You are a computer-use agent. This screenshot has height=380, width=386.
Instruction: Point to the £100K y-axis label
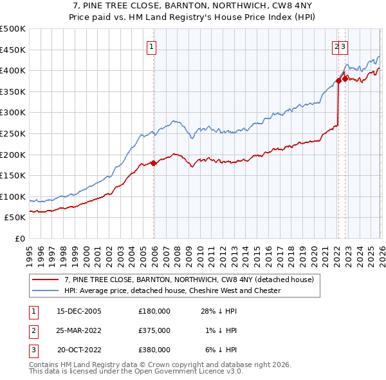(13, 196)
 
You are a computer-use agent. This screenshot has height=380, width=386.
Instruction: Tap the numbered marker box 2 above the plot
(336, 46)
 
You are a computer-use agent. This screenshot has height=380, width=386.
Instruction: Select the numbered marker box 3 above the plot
(344, 46)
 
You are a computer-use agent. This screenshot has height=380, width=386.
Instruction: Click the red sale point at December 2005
(153, 163)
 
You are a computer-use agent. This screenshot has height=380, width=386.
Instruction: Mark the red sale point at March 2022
(338, 81)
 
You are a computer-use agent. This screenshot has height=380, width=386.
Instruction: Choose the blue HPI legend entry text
(172, 290)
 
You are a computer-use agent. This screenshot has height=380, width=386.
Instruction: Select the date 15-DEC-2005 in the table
(79, 311)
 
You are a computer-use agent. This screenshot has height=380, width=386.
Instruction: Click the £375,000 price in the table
(154, 330)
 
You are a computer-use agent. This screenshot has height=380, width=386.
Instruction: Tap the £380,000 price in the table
(154, 350)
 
